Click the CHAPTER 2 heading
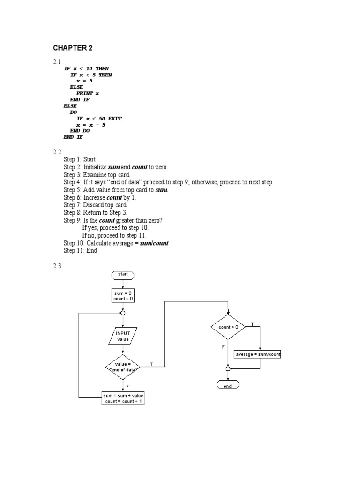click(x=73, y=48)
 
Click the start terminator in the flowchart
click(x=123, y=275)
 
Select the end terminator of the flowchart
click(x=228, y=385)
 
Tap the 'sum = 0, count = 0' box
click(x=123, y=296)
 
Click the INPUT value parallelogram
click(x=123, y=336)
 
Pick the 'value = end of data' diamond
click(x=123, y=367)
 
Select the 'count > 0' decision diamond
click(x=228, y=327)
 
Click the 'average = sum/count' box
click(x=257, y=354)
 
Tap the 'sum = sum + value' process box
click(x=123, y=398)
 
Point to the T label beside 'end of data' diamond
click(x=151, y=364)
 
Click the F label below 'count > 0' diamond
click(x=223, y=347)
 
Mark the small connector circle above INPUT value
click(x=123, y=313)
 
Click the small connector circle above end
click(x=228, y=369)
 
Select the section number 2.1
click(x=57, y=62)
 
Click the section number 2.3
click(x=57, y=266)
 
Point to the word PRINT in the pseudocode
click(x=84, y=93)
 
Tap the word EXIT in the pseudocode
click(x=115, y=119)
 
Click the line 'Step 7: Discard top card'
click(x=95, y=205)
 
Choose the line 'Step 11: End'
click(x=80, y=250)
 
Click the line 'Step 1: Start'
click(x=80, y=159)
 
